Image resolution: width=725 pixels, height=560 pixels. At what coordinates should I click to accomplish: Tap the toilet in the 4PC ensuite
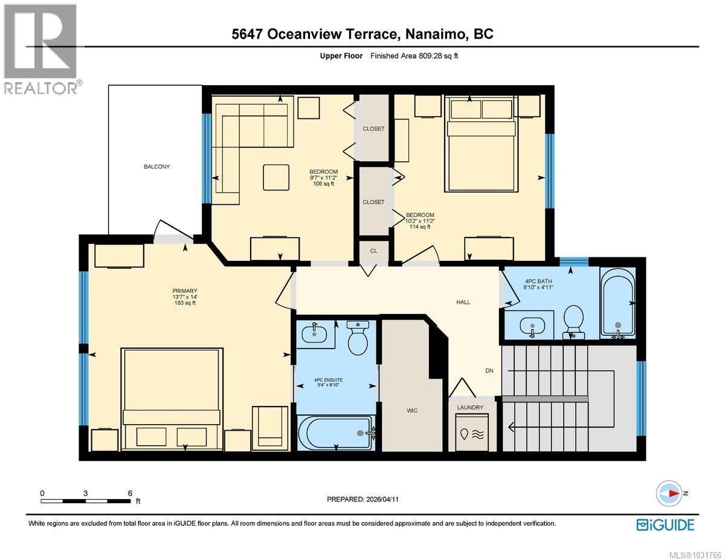point(358,338)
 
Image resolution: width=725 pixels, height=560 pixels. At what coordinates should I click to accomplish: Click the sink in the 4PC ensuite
point(315,332)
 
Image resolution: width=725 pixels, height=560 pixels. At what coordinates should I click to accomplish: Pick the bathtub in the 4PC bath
point(617,302)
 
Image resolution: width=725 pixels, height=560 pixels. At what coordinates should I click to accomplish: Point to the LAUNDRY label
point(470,408)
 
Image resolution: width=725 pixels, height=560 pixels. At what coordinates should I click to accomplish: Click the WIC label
point(412,410)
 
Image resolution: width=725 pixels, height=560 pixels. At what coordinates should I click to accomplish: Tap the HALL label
point(463,302)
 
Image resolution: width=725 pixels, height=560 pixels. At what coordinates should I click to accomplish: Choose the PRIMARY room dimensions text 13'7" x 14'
point(184,297)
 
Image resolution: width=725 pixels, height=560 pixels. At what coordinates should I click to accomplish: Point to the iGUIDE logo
point(665,524)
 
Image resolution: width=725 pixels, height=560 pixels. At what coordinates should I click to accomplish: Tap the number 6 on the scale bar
point(130,493)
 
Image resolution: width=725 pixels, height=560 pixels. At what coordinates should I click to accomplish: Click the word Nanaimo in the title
point(433,34)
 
